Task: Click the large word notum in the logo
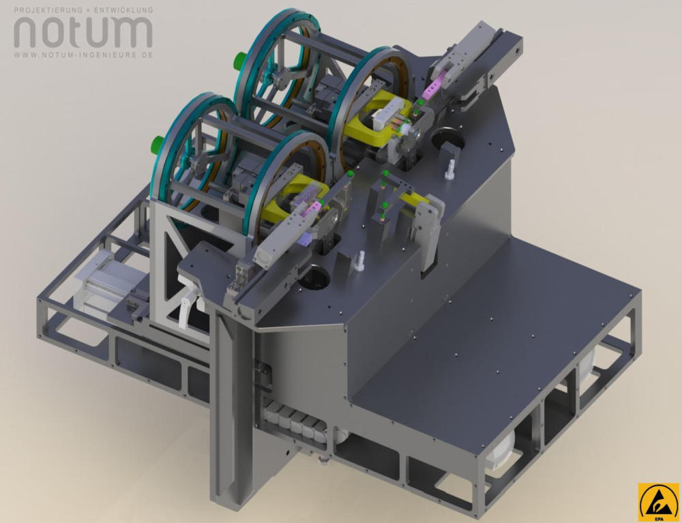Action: [83, 31]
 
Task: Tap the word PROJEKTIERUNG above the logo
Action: [48, 10]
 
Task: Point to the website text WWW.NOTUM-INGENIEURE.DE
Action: [83, 55]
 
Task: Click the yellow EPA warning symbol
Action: [659, 501]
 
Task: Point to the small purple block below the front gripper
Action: [307, 237]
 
